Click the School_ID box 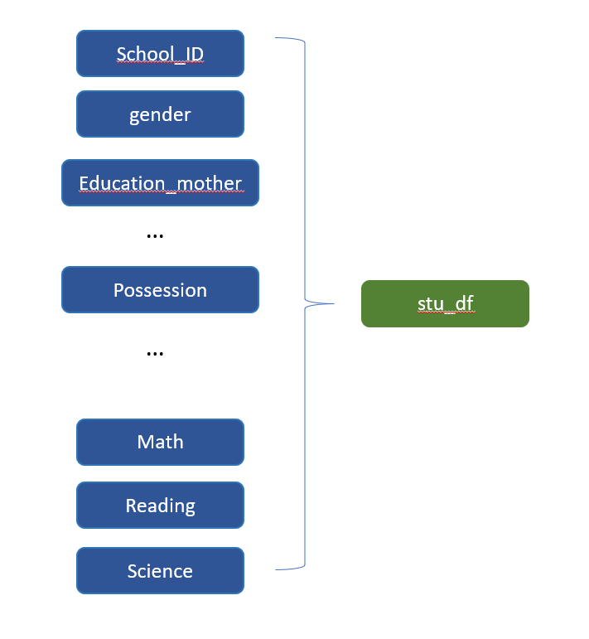(160, 54)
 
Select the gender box (160, 114)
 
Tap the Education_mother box (160, 183)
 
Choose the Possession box (160, 290)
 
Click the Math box (160, 442)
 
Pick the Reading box (160, 506)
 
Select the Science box (160, 571)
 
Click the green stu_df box (445, 303)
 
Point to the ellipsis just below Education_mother (155, 236)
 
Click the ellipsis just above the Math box (155, 354)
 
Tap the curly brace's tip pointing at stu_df (332, 303)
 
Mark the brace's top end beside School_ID (277, 38)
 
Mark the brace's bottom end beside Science (277, 569)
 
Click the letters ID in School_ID (193, 55)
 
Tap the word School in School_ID (144, 55)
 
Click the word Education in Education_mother (122, 183)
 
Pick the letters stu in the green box (431, 303)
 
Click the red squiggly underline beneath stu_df (445, 313)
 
